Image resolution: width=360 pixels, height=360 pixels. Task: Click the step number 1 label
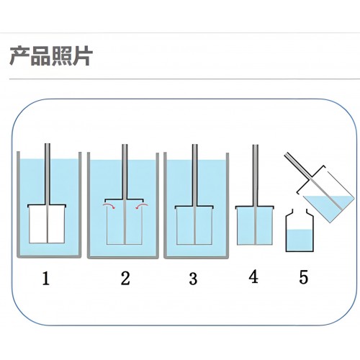45,278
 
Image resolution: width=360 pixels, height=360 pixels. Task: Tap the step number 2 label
125,278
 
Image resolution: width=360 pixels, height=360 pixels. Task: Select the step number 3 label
193,279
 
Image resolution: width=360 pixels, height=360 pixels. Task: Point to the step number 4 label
253,276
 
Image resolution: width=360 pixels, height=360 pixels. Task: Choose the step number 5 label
303,277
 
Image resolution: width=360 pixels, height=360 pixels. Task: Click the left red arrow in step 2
109,206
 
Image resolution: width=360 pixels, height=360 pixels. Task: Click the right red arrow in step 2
142,206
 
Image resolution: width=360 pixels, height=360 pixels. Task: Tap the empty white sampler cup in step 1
47,224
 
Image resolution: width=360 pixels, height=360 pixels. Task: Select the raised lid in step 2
125,199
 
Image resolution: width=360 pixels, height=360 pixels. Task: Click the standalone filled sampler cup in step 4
255,225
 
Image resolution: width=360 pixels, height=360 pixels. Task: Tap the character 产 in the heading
19,56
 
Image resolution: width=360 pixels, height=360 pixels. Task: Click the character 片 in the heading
82,56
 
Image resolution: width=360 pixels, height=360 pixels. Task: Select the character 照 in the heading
61,56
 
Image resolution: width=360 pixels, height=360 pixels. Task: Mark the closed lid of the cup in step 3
194,207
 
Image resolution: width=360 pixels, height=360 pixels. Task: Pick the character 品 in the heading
40,56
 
